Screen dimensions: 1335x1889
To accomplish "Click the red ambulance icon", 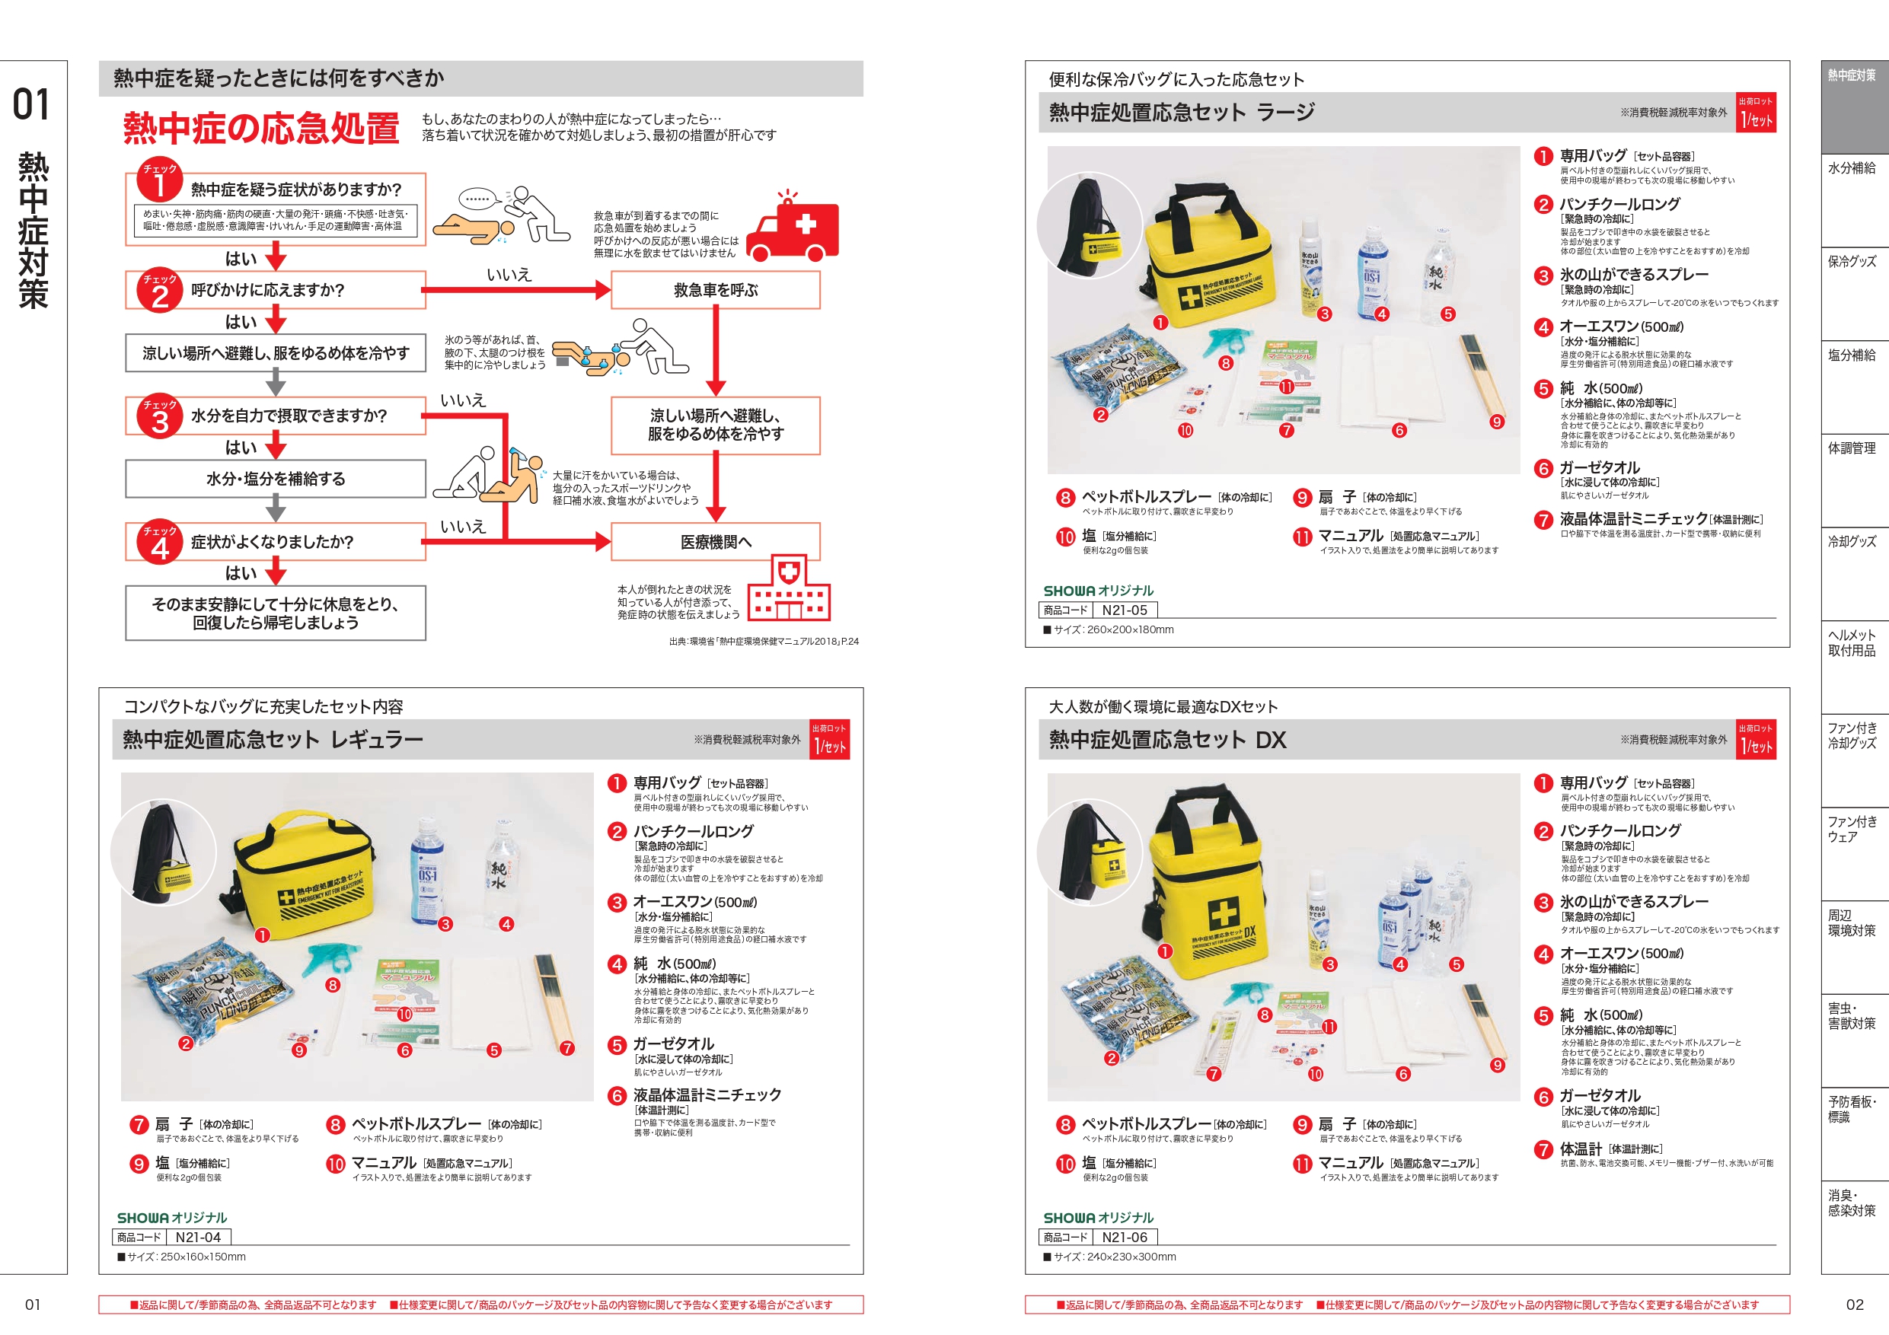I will (x=794, y=226).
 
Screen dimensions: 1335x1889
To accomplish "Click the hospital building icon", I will (x=788, y=590).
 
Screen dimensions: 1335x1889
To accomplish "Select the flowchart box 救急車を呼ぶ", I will (x=715, y=290).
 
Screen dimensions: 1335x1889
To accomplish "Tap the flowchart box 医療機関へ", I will (x=715, y=542).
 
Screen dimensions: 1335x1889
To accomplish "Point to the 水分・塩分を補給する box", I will (x=276, y=479).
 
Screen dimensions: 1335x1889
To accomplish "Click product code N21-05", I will (x=1124, y=610).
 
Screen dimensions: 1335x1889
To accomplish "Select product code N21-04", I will (x=197, y=1237).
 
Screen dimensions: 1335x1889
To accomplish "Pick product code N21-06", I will (x=1124, y=1237).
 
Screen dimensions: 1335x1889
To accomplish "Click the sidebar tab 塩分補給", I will (x=1851, y=355).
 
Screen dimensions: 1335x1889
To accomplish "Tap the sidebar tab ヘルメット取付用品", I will (x=1851, y=643).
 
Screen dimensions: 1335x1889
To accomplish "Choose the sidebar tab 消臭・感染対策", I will (x=1851, y=1203).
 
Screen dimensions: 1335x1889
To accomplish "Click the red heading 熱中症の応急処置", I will (x=262, y=129).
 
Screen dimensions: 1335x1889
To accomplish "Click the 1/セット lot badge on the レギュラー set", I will (x=829, y=741).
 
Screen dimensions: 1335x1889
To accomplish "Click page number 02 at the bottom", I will (x=1855, y=1305).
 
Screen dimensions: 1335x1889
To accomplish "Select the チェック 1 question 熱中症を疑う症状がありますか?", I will (x=296, y=190).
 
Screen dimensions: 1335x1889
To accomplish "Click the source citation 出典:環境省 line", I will (x=764, y=642).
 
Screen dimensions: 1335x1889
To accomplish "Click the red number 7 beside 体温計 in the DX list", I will (x=1543, y=1150).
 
